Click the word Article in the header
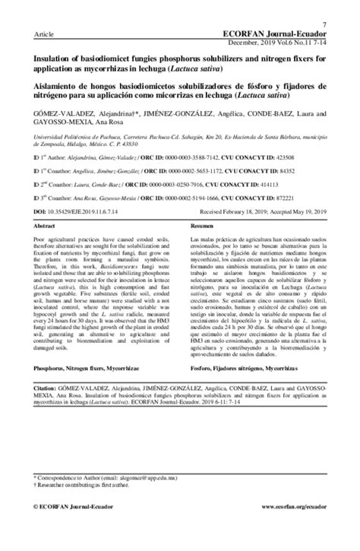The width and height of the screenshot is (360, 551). tap(36, 36)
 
